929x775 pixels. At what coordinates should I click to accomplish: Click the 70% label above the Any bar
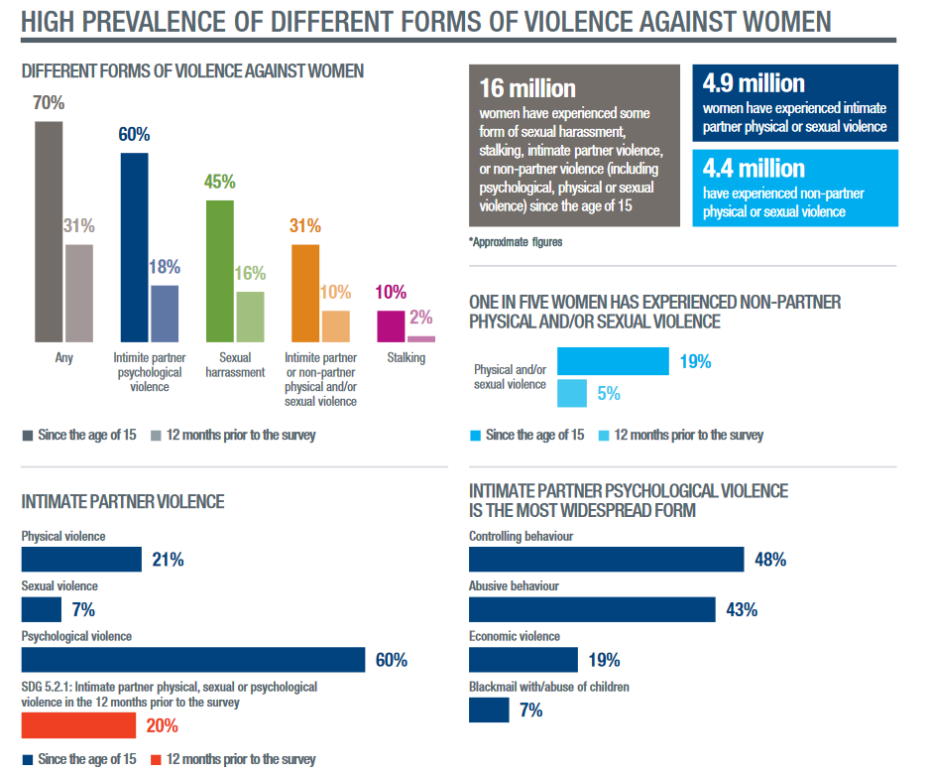(49, 103)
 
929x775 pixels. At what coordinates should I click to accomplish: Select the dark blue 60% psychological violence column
(134, 247)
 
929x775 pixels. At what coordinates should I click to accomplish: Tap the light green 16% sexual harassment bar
(250, 317)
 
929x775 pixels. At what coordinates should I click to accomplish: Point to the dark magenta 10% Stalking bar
(391, 325)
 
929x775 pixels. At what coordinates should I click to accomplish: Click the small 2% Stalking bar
(421, 338)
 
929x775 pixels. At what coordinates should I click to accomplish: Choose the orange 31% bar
(305, 293)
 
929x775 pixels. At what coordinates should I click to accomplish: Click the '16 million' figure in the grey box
(526, 87)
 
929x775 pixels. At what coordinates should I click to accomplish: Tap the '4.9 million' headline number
(754, 83)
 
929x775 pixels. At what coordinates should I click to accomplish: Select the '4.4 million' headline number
(754, 168)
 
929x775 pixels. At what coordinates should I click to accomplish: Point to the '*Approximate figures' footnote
(515, 241)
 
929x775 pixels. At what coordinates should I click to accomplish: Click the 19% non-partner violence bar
(613, 361)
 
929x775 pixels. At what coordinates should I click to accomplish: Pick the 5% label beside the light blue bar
(609, 394)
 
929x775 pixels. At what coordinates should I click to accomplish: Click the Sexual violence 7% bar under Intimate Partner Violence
(42, 609)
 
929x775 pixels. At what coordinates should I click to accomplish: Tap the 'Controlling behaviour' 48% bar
(606, 560)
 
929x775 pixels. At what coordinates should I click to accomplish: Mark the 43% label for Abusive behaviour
(742, 610)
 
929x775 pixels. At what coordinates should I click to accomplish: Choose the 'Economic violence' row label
(515, 636)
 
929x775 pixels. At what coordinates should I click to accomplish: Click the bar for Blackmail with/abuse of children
(489, 710)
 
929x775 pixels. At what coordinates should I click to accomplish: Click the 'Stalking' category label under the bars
(406, 357)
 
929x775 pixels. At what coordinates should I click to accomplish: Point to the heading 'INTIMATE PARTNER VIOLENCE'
(123, 502)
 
